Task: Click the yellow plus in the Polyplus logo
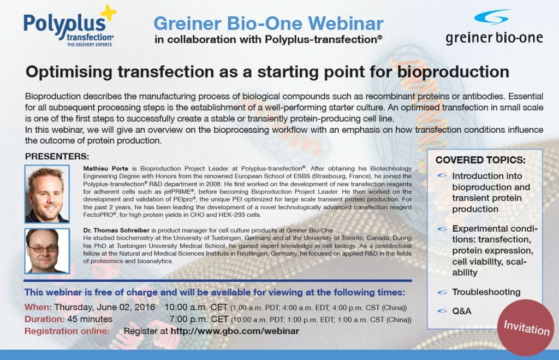(109, 13)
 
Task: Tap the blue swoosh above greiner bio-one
(491, 17)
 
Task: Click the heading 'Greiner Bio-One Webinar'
(269, 23)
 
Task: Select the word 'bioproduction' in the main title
(453, 72)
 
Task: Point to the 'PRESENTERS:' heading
(57, 156)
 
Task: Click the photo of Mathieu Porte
(47, 194)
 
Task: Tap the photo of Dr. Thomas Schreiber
(47, 251)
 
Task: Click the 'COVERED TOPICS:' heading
(480, 160)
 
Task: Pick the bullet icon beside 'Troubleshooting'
(442, 292)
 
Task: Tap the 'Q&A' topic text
(462, 311)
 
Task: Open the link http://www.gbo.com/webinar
(235, 331)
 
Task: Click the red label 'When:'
(38, 307)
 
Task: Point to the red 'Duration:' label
(45, 319)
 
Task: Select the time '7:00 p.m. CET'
(199, 319)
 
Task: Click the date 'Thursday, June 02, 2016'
(104, 307)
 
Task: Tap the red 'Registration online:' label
(67, 331)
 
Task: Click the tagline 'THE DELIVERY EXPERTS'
(90, 45)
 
